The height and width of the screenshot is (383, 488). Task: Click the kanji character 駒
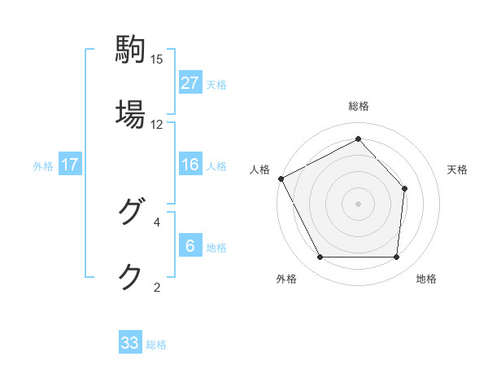(x=130, y=49)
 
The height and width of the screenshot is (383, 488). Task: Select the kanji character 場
(x=130, y=113)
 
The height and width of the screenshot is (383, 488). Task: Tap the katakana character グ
(x=130, y=212)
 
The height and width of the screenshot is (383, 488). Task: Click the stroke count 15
(x=157, y=59)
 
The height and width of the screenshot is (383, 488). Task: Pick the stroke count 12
(x=157, y=125)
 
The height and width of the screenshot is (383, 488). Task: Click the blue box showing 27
(x=190, y=82)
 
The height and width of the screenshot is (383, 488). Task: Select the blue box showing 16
(x=190, y=165)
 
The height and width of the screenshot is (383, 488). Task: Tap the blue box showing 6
(x=190, y=246)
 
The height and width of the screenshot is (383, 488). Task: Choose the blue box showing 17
(x=70, y=165)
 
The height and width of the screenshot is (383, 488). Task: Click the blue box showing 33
(x=130, y=343)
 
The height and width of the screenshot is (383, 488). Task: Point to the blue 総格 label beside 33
(x=156, y=345)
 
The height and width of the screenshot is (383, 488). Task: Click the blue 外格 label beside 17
(x=43, y=165)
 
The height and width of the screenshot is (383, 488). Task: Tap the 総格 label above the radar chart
(x=359, y=106)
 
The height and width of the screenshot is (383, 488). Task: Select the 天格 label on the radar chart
(x=458, y=169)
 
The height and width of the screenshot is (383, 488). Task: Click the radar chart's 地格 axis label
(x=426, y=279)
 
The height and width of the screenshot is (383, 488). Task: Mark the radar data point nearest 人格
(x=281, y=178)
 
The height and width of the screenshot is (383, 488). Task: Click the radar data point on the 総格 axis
(x=359, y=139)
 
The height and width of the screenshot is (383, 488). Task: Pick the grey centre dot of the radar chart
(x=359, y=203)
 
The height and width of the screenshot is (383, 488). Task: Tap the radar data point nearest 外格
(x=320, y=258)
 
